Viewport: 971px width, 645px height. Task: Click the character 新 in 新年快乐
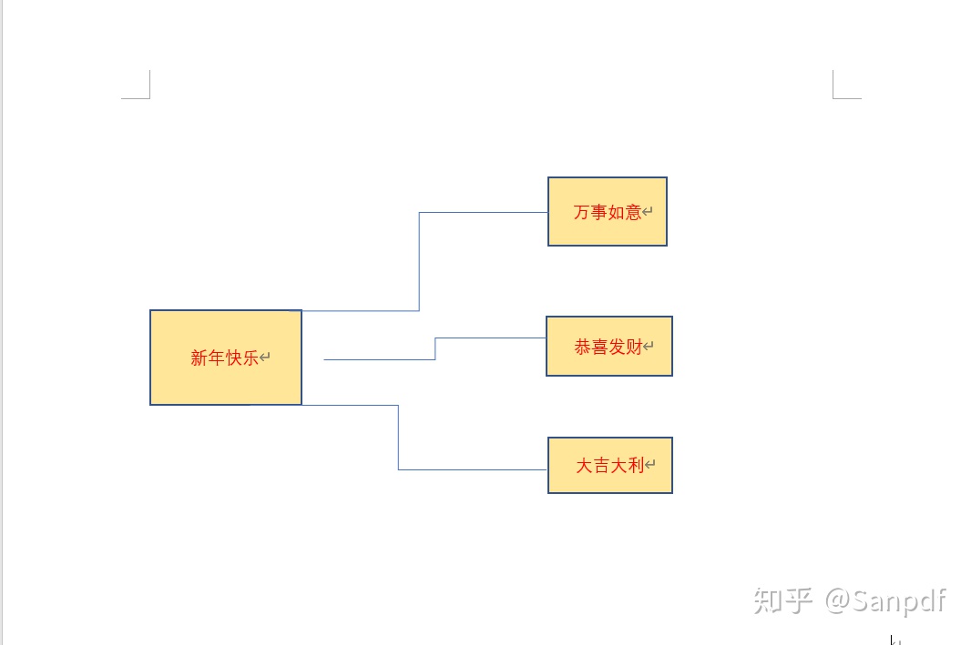(199, 358)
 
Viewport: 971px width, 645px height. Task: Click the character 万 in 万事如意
(581, 213)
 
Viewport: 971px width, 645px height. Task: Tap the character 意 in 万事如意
(633, 213)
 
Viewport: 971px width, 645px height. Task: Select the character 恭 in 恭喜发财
(582, 347)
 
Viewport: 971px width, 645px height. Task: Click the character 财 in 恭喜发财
(634, 347)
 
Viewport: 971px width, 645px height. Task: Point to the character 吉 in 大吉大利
(601, 466)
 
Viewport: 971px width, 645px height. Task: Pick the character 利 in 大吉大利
(636, 466)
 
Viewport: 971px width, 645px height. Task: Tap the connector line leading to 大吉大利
(398, 438)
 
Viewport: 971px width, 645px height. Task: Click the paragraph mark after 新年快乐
(265, 358)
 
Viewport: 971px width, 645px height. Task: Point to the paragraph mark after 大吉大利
(650, 466)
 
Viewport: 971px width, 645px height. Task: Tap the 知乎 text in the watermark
(782, 600)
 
